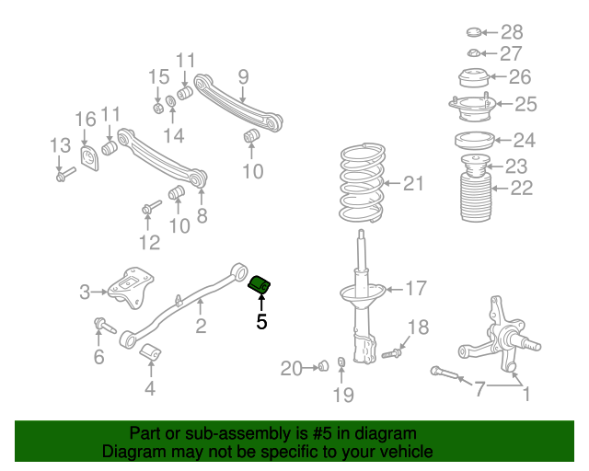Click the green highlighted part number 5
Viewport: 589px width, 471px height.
[260, 283]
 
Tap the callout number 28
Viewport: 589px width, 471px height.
[512, 32]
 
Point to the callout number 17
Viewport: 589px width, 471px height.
[416, 289]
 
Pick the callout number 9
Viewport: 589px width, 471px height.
[243, 76]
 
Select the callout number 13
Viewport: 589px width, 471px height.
[60, 144]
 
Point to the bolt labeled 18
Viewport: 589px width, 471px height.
[390, 350]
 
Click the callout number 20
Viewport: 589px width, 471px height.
[291, 369]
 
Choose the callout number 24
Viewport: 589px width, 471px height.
[524, 141]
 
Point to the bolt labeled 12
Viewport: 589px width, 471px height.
[147, 213]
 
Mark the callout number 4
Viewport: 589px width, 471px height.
[150, 388]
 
